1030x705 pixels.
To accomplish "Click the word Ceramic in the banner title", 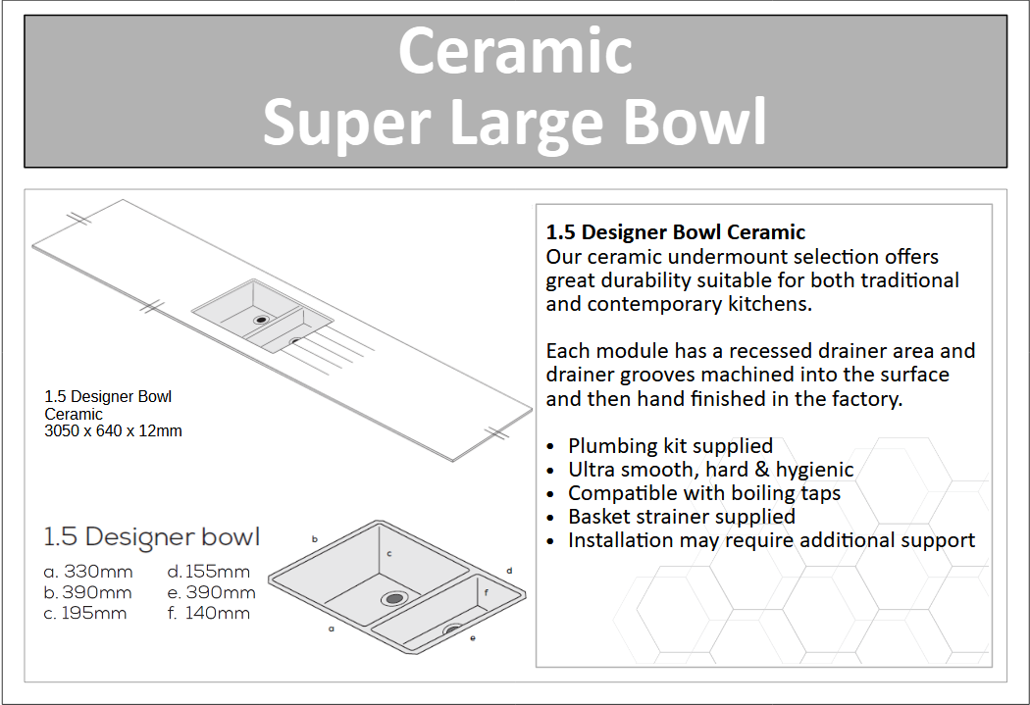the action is [515, 51].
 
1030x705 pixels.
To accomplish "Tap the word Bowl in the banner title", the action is [695, 122].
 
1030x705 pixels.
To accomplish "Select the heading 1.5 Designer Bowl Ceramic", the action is [675, 231].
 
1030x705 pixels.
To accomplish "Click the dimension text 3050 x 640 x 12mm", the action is [113, 430].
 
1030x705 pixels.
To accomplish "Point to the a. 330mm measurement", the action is [88, 572].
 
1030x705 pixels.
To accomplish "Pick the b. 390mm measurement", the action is [87, 593].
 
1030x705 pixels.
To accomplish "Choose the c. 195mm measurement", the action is [84, 613].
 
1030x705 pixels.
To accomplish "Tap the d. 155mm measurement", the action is [208, 572].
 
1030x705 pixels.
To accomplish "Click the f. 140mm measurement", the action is [208, 613].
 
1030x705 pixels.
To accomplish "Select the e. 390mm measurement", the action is [211, 593].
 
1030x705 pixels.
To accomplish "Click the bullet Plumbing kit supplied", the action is [670, 446].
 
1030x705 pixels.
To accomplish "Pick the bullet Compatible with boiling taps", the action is [704, 493].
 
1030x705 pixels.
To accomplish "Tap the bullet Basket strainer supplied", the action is [681, 517].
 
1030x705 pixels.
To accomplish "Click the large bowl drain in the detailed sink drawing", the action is [394, 598].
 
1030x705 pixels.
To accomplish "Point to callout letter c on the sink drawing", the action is [388, 553].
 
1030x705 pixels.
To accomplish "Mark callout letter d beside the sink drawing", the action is [509, 571].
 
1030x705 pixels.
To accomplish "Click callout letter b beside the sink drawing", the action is [315, 539].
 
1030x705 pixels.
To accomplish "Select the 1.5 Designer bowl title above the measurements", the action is [152, 537].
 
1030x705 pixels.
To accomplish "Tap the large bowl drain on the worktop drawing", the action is [262, 320].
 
